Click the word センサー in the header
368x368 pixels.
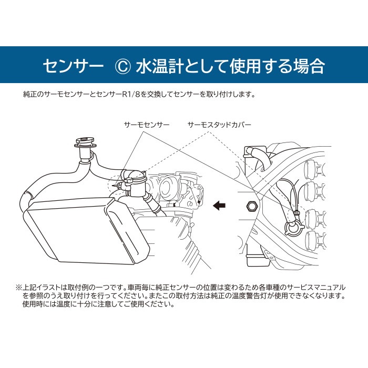pos(73,66)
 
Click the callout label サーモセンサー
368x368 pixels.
pos(147,125)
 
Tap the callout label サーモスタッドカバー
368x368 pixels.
pos(219,125)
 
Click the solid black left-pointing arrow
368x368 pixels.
pos(218,206)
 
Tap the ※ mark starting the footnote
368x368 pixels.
pos(19,288)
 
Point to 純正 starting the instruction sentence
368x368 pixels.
pos(30,95)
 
